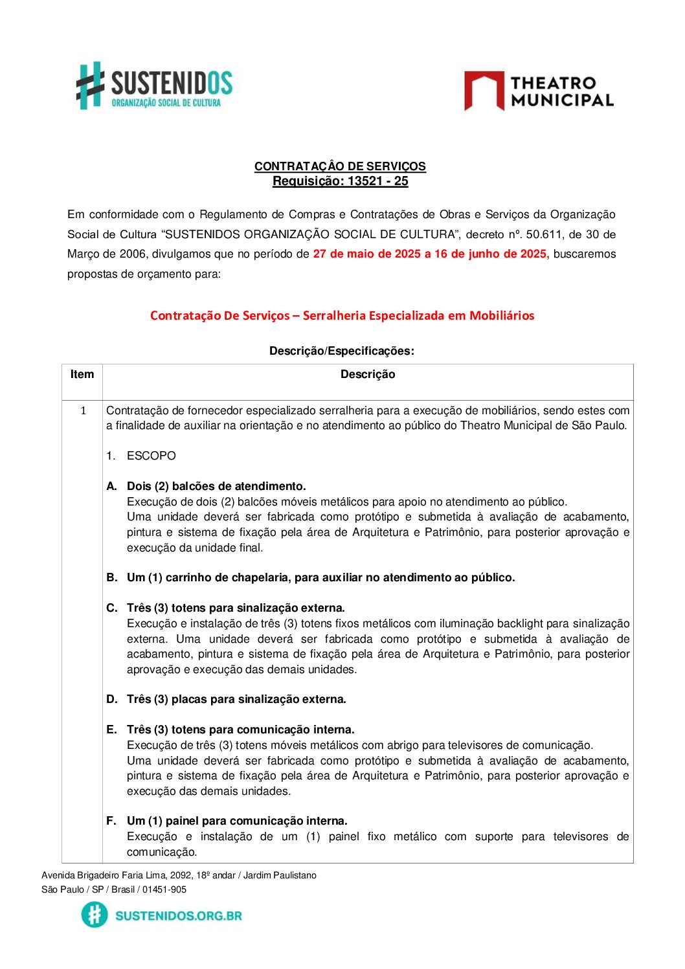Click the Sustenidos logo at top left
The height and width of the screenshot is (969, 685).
[x=154, y=85]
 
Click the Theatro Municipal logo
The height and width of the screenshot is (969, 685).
[x=539, y=91]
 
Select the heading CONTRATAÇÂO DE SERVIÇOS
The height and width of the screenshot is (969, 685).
[x=340, y=166]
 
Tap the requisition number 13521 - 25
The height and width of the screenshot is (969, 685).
[x=377, y=181]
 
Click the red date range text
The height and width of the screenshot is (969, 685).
[x=431, y=254]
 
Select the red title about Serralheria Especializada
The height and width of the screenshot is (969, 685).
[x=342, y=316]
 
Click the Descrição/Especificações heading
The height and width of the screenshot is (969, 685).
[x=341, y=351]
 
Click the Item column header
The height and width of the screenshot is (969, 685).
[x=82, y=374]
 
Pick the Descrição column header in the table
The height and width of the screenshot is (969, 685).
[x=367, y=374]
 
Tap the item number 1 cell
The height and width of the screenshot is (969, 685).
[x=83, y=410]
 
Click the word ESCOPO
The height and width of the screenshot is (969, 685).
[x=152, y=456]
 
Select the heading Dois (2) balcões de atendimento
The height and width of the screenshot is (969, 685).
[x=216, y=486]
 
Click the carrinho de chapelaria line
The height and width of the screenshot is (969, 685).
[x=320, y=577]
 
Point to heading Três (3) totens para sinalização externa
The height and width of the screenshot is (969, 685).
[x=236, y=608]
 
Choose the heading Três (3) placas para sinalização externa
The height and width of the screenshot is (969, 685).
[x=236, y=699]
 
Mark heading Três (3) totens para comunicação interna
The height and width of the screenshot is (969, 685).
[x=240, y=730]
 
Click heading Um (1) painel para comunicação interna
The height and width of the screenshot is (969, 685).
[x=237, y=821]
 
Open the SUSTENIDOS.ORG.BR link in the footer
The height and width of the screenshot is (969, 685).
[x=178, y=915]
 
